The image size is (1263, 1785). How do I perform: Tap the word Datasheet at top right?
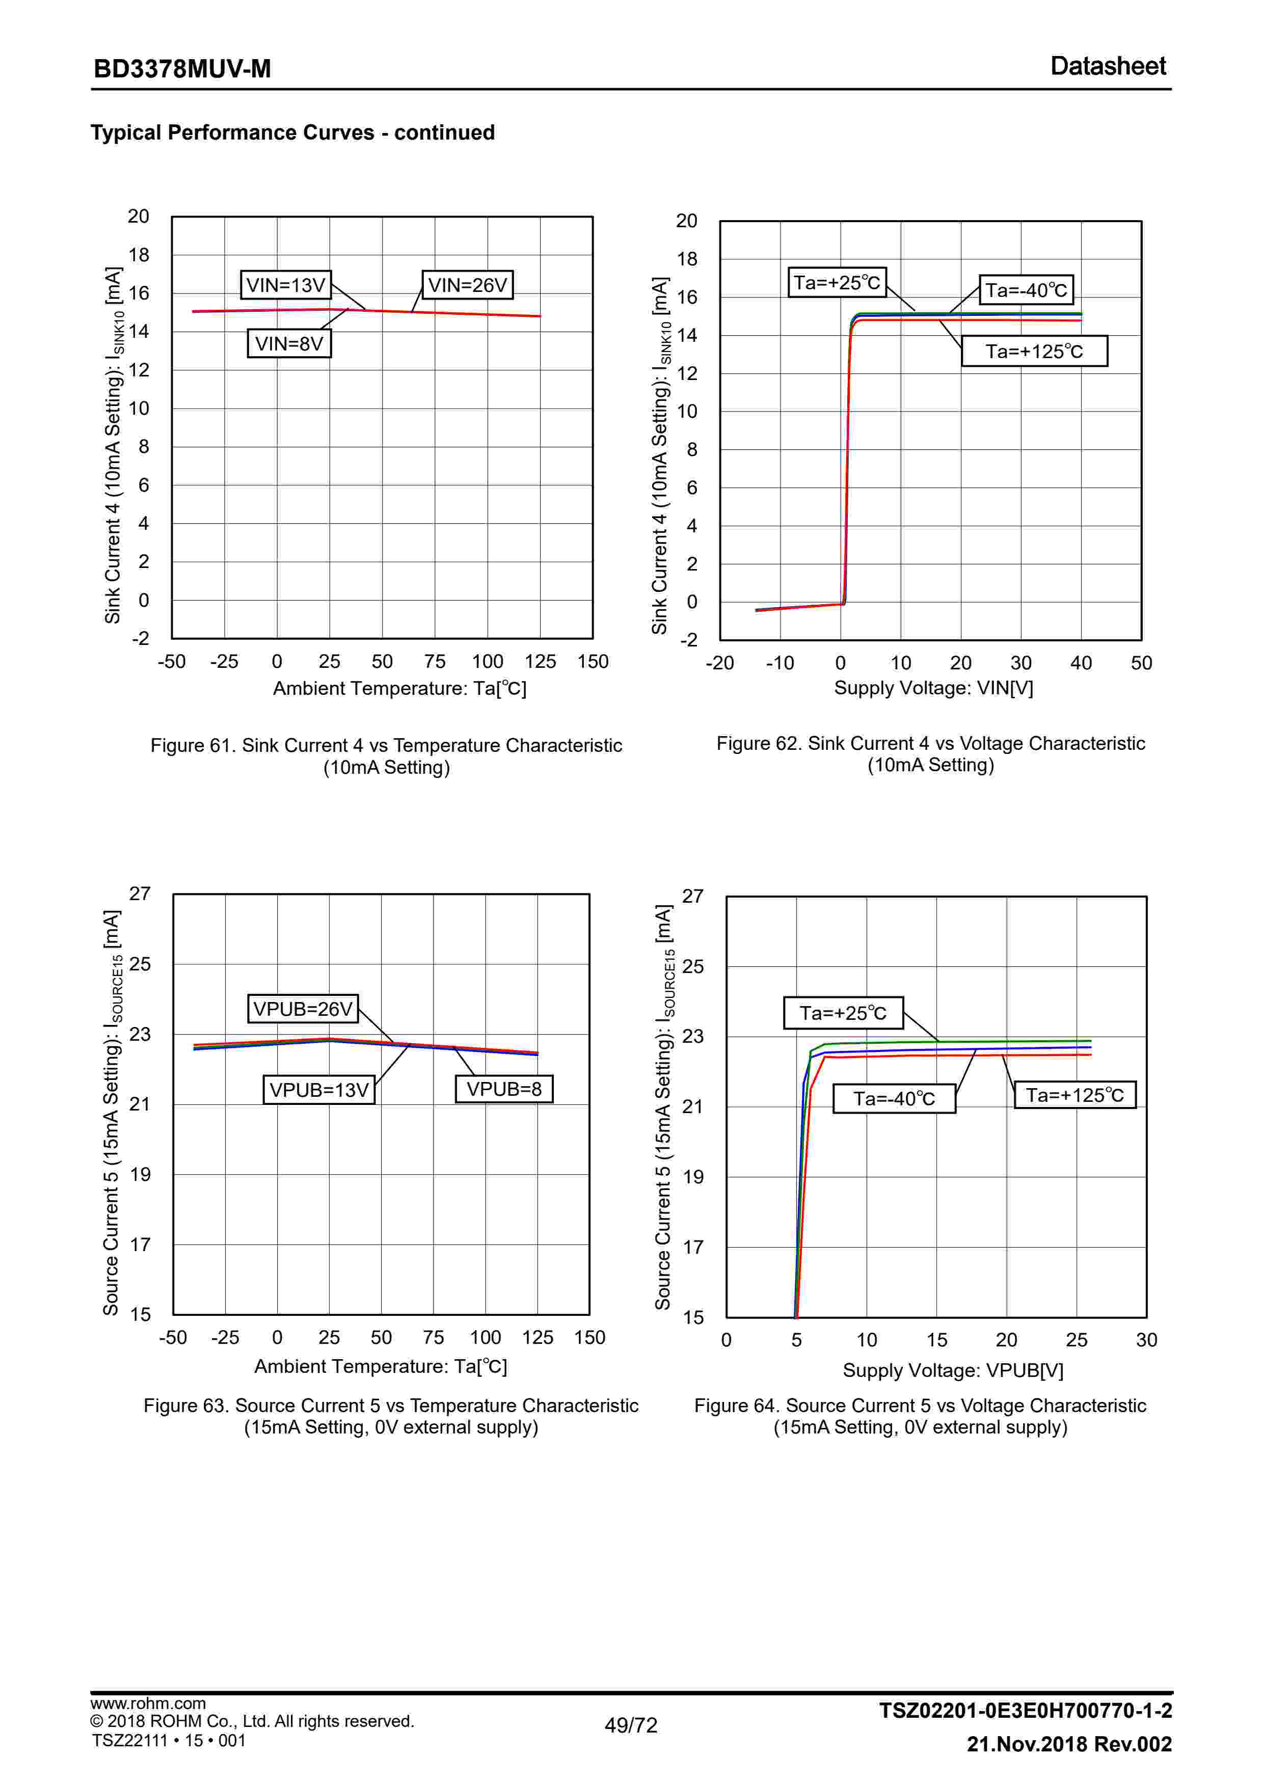coord(1108,66)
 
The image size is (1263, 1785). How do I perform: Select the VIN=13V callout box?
coord(285,285)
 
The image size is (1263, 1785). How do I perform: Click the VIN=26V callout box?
coord(467,285)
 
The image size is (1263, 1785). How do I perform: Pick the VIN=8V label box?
coord(288,343)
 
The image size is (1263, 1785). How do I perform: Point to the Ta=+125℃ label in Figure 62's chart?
coord(1034,351)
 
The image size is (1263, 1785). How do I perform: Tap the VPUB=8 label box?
coord(503,1089)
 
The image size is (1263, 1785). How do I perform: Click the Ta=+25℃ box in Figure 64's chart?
coord(843,1013)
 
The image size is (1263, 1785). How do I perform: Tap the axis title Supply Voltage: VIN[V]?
coord(933,688)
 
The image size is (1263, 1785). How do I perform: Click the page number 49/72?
coord(631,1725)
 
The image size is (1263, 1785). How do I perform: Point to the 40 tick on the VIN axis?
coord(1080,663)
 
